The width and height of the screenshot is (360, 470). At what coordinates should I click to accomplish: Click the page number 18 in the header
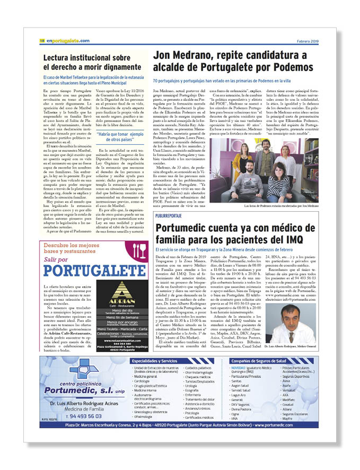coord(41,40)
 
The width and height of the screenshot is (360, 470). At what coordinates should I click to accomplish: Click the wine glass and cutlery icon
coord(139,250)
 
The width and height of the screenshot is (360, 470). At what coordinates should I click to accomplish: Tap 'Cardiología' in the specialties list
coord(142,381)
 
